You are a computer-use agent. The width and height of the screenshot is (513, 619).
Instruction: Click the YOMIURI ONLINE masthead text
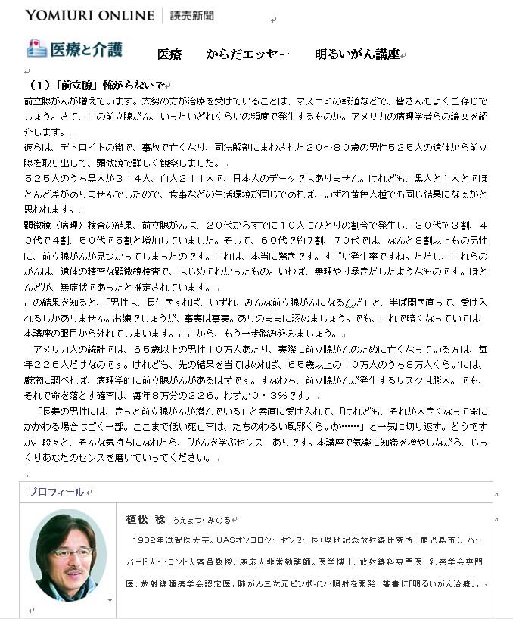pos(89,14)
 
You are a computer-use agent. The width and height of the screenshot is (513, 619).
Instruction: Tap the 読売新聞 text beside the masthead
pos(192,15)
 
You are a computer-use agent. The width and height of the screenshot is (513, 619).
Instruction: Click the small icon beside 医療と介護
pos(36,48)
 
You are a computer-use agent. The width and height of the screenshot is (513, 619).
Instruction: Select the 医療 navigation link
pos(169,54)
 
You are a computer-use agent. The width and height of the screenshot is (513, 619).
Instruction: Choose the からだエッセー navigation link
pos(247,54)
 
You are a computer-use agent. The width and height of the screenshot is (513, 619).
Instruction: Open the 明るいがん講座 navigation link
pos(357,54)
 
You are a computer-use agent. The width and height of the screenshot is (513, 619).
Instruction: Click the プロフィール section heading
pos(55,492)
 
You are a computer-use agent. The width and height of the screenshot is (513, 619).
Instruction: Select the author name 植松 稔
pos(142,520)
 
